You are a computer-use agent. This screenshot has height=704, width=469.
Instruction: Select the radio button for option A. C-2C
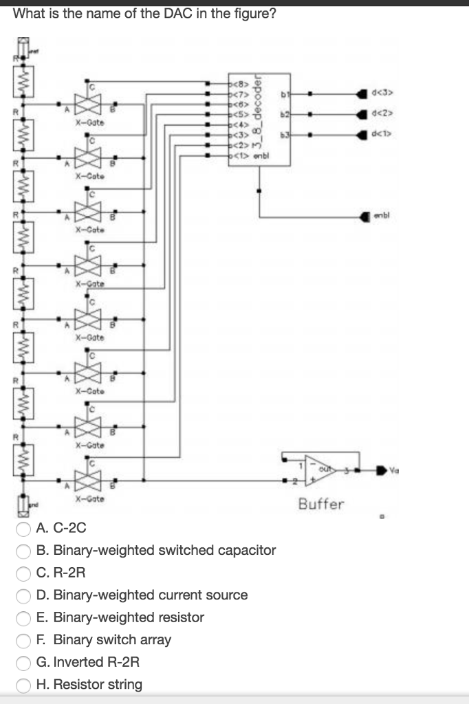(x=24, y=529)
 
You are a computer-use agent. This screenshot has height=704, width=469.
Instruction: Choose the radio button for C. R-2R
(x=24, y=573)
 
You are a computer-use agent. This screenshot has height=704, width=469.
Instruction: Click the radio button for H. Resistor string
(x=24, y=685)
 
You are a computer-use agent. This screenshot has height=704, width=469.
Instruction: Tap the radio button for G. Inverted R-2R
(x=24, y=663)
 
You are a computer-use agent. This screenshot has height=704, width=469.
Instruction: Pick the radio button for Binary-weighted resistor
(x=24, y=617)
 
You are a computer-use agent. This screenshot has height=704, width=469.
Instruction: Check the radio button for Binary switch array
(x=24, y=640)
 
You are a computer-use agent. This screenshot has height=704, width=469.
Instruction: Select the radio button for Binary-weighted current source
(x=24, y=595)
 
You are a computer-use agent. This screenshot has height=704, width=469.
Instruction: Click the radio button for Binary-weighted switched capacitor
(x=24, y=551)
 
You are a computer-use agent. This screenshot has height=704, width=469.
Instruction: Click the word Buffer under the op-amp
(x=320, y=505)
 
